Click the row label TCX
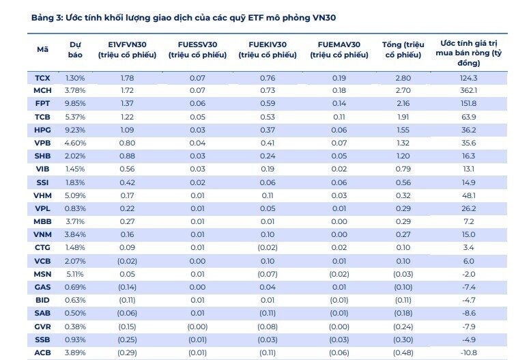click(42, 78)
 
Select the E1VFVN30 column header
click(127, 49)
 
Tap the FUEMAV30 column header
click(339, 49)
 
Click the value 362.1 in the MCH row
click(468, 90)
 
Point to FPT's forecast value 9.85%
click(75, 103)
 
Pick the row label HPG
click(42, 130)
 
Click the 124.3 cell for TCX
click(468, 78)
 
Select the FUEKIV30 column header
click(268, 49)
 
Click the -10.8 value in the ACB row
click(468, 353)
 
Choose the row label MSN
click(42, 274)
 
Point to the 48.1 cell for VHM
click(468, 195)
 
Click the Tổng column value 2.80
click(403, 78)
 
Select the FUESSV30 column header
click(197, 49)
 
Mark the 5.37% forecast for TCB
click(75, 117)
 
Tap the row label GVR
click(42, 327)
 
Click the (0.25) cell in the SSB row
click(127, 340)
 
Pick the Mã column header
click(42, 49)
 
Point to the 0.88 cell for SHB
click(127, 156)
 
